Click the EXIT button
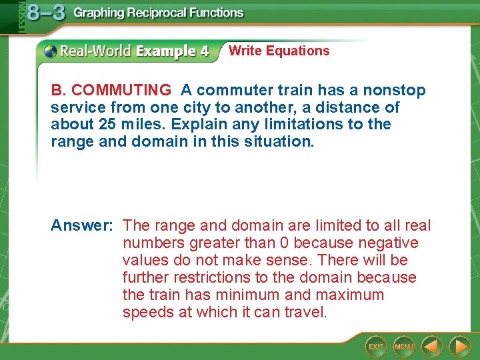(377, 347)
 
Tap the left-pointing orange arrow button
(433, 347)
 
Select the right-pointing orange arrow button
(459, 347)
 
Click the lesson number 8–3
(46, 13)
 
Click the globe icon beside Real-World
(51, 51)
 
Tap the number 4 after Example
(203, 51)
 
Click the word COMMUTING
(121, 90)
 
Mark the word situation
(280, 142)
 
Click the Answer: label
(81, 226)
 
